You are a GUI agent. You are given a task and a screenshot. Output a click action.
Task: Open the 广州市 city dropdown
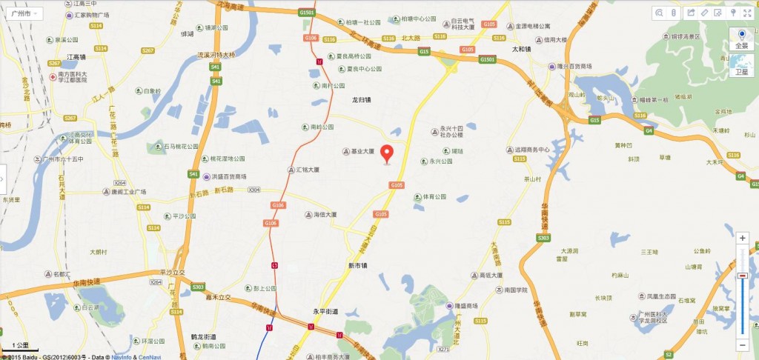[23, 14]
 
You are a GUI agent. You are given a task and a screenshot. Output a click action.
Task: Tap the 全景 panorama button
[740, 39]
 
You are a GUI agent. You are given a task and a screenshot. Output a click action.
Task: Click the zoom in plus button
[742, 239]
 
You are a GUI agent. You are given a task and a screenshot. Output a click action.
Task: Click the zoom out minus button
[742, 344]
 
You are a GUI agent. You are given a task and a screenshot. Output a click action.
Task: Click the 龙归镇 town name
[361, 99]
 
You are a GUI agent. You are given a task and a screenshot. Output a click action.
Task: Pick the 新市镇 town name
[357, 265]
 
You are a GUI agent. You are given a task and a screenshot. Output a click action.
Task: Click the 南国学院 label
[514, 290]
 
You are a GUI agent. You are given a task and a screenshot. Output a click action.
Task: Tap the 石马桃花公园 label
[172, 146]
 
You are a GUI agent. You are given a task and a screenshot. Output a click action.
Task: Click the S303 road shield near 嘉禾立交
[198, 287]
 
